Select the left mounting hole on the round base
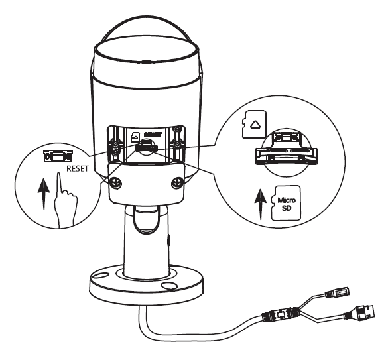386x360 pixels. click(109, 275)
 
